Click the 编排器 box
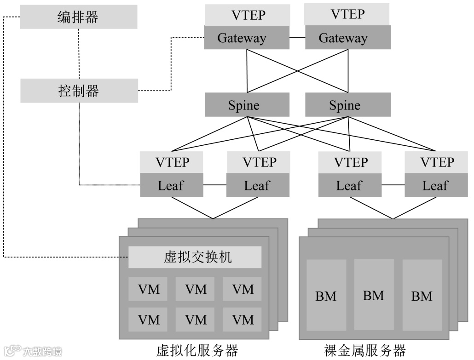79,17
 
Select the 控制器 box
79,91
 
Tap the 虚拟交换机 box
195,257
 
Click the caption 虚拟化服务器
197,351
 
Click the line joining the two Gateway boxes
297,37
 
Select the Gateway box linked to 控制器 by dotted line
247,37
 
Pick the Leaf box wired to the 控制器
171,185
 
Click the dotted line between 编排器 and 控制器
79,53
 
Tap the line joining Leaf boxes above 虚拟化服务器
214,185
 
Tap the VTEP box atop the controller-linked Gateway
247,15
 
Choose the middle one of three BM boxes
374,294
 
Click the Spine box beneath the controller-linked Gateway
247,105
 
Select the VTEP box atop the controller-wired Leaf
171,162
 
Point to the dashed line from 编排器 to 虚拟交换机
4,138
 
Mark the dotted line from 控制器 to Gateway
171,64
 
